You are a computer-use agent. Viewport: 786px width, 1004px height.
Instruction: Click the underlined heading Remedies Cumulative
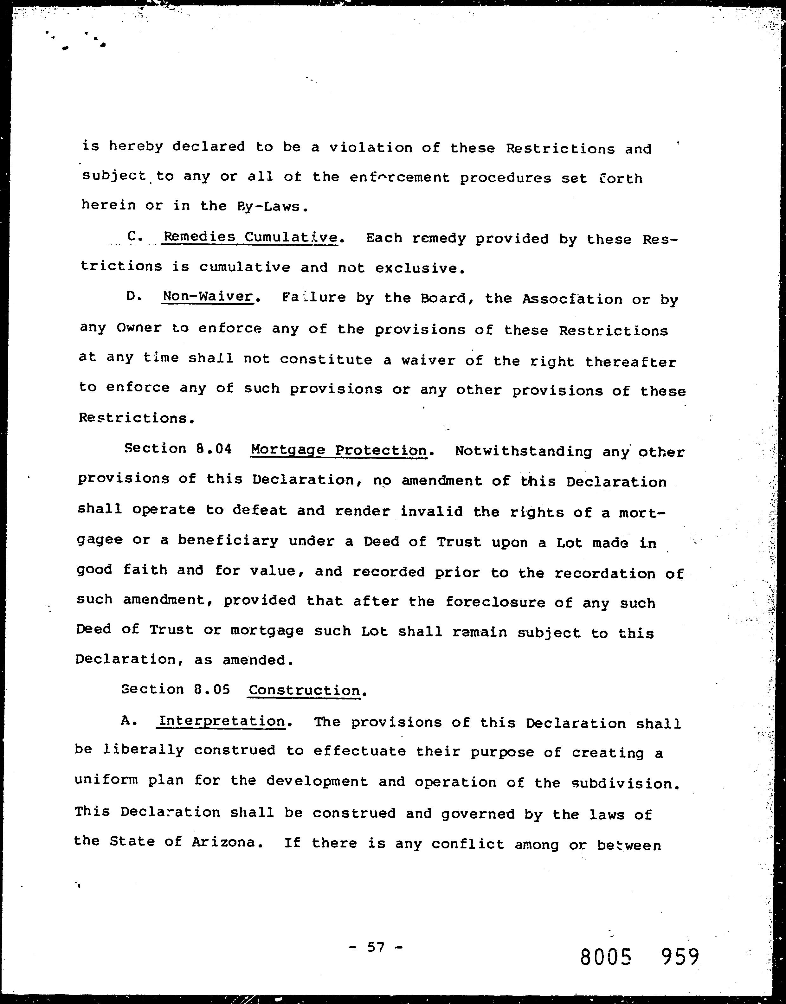(251, 237)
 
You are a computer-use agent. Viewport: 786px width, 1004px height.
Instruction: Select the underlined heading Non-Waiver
(208, 296)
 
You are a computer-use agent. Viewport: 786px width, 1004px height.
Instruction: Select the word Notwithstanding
(523, 451)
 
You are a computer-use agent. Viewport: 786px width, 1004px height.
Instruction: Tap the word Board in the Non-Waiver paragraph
(443, 298)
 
